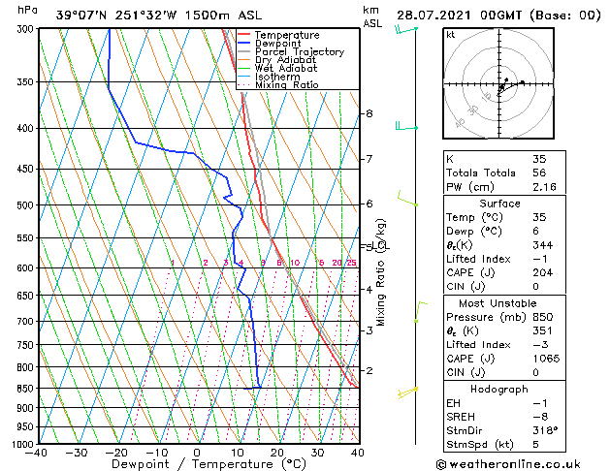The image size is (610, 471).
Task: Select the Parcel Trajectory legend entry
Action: point(299,52)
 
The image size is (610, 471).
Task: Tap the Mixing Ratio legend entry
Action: point(286,84)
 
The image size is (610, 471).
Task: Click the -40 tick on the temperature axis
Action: point(38,452)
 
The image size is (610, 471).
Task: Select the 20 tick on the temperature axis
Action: point(277,452)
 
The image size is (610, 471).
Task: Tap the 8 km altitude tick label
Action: point(369,113)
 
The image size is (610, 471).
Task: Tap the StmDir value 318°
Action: point(544,429)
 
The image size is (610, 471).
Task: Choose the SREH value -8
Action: point(539,416)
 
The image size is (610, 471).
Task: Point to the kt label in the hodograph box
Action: point(450,34)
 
